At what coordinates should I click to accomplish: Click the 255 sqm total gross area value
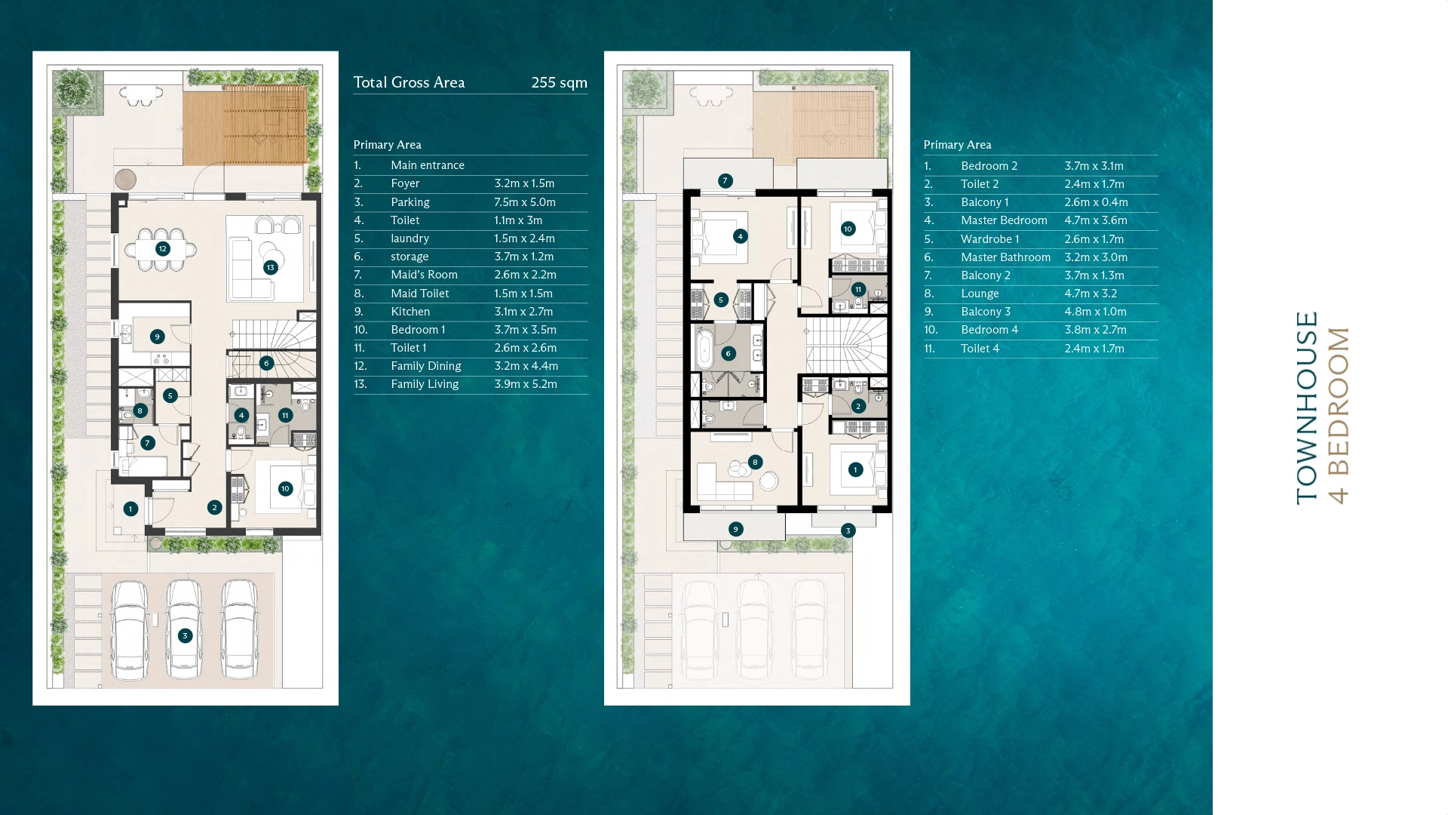point(559,82)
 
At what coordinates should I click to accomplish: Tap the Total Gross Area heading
point(409,82)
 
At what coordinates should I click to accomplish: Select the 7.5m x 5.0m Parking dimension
point(525,202)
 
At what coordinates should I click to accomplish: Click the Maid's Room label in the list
point(424,275)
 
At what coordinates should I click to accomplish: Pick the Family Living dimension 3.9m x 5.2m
point(526,384)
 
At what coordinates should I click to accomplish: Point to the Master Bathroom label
point(1005,257)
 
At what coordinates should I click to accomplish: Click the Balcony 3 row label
point(986,312)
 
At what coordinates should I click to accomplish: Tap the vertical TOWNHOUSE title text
point(1307,407)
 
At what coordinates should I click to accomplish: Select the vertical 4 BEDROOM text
point(1338,415)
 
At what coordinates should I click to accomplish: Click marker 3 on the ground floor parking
point(185,635)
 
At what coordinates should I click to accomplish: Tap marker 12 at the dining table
point(162,248)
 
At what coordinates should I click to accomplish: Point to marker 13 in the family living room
point(270,267)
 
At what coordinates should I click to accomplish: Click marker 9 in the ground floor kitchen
point(157,337)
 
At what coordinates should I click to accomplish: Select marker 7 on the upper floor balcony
point(725,180)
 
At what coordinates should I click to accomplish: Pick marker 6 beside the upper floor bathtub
point(728,353)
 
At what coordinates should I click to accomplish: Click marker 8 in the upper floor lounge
point(755,462)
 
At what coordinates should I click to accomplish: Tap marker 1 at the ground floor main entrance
point(130,509)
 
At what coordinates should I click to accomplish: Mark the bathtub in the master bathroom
point(704,350)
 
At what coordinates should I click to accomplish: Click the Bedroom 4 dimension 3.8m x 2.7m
point(1095,330)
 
